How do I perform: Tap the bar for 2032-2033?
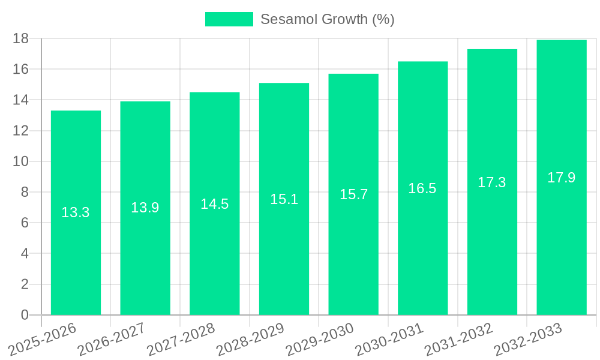562,240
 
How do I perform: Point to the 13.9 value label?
145,208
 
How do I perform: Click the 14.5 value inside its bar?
215,204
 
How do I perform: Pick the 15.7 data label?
353,194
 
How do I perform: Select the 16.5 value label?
422,188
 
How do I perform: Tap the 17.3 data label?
492,182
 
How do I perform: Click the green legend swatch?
229,19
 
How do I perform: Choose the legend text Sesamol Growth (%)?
327,19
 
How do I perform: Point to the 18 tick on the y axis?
21,38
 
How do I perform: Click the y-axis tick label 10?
21,161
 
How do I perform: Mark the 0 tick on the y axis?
25,315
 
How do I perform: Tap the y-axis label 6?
25,223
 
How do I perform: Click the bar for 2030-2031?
422,252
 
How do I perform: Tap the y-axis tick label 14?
21,100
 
